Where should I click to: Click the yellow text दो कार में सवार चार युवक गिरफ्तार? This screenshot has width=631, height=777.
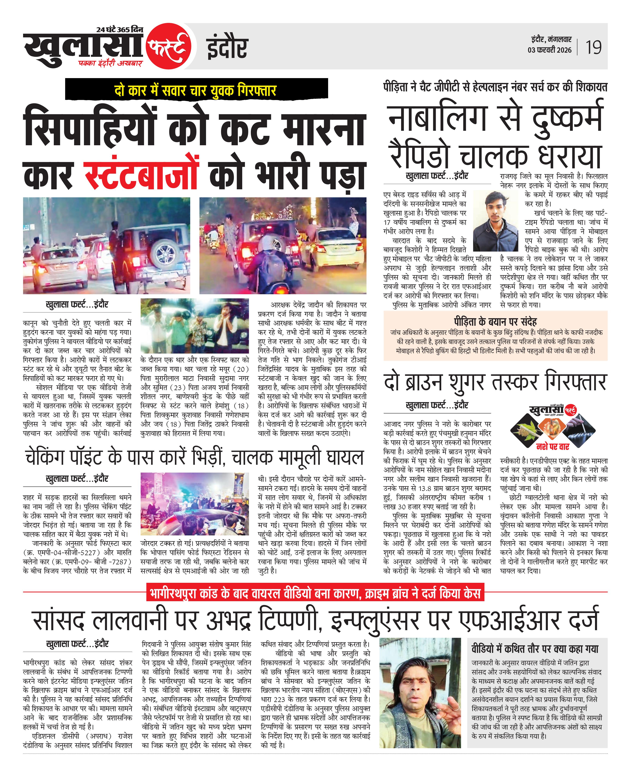pos(195,90)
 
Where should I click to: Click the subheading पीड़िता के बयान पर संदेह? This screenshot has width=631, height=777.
pos(495,321)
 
